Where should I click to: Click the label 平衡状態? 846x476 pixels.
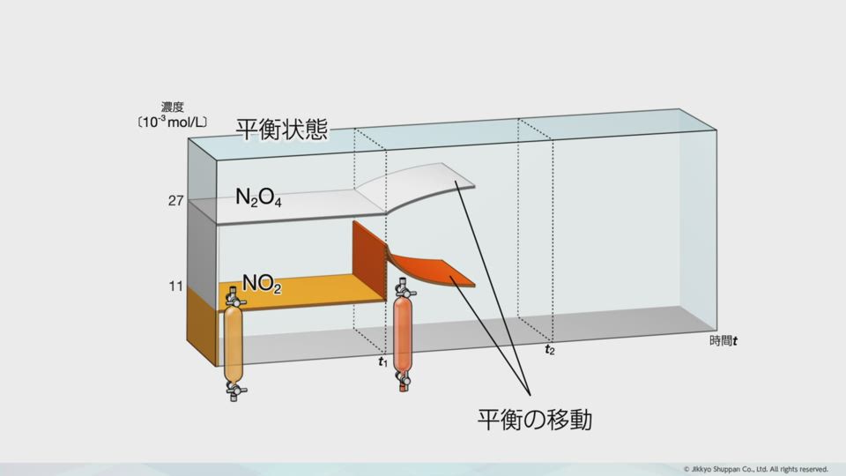click(282, 130)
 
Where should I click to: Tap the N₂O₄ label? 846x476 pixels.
click(258, 197)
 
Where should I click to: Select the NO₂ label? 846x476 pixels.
click(262, 283)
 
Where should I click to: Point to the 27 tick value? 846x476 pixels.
click(175, 201)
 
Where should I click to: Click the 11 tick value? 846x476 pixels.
click(175, 286)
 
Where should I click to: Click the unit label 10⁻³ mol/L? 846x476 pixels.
click(173, 122)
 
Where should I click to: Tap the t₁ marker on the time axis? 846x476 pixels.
click(382, 361)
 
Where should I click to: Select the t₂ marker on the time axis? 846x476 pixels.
click(550, 350)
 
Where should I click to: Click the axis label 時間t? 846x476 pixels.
click(724, 340)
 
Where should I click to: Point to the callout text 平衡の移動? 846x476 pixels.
click(534, 419)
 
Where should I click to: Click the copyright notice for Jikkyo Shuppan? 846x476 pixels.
click(755, 469)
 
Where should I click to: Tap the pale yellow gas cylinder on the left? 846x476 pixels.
click(234, 344)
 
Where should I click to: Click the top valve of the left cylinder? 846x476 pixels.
click(234, 297)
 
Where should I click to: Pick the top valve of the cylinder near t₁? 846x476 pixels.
click(403, 286)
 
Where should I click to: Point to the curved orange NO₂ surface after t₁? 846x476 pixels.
click(432, 270)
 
